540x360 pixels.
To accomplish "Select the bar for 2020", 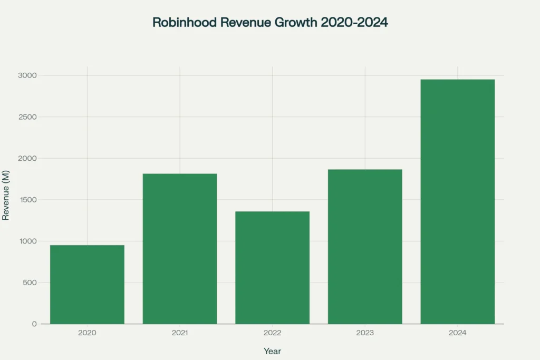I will point(87,285).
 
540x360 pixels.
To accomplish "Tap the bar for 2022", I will point(272,268).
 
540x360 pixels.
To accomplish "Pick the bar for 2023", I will point(365,247).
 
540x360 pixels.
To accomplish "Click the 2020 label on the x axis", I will point(87,333).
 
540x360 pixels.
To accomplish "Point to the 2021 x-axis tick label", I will point(180,333).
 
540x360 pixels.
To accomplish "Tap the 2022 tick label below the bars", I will point(272,333).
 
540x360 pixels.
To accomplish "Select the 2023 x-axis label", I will point(365,333).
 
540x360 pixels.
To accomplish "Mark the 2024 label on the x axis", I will point(457,333).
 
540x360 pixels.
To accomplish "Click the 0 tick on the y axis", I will point(34,324).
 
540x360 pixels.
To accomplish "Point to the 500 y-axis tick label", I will point(30,283).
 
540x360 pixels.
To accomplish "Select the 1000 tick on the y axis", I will point(28,241).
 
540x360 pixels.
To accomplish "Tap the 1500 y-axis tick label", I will point(28,200).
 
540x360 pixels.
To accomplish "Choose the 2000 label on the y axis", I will point(28,158).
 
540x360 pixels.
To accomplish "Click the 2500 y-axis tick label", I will point(28,117).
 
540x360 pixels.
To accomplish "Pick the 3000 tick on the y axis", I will point(28,75).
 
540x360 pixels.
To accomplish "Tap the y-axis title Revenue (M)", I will point(6,200).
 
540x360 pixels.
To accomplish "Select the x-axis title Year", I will point(272,351).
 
